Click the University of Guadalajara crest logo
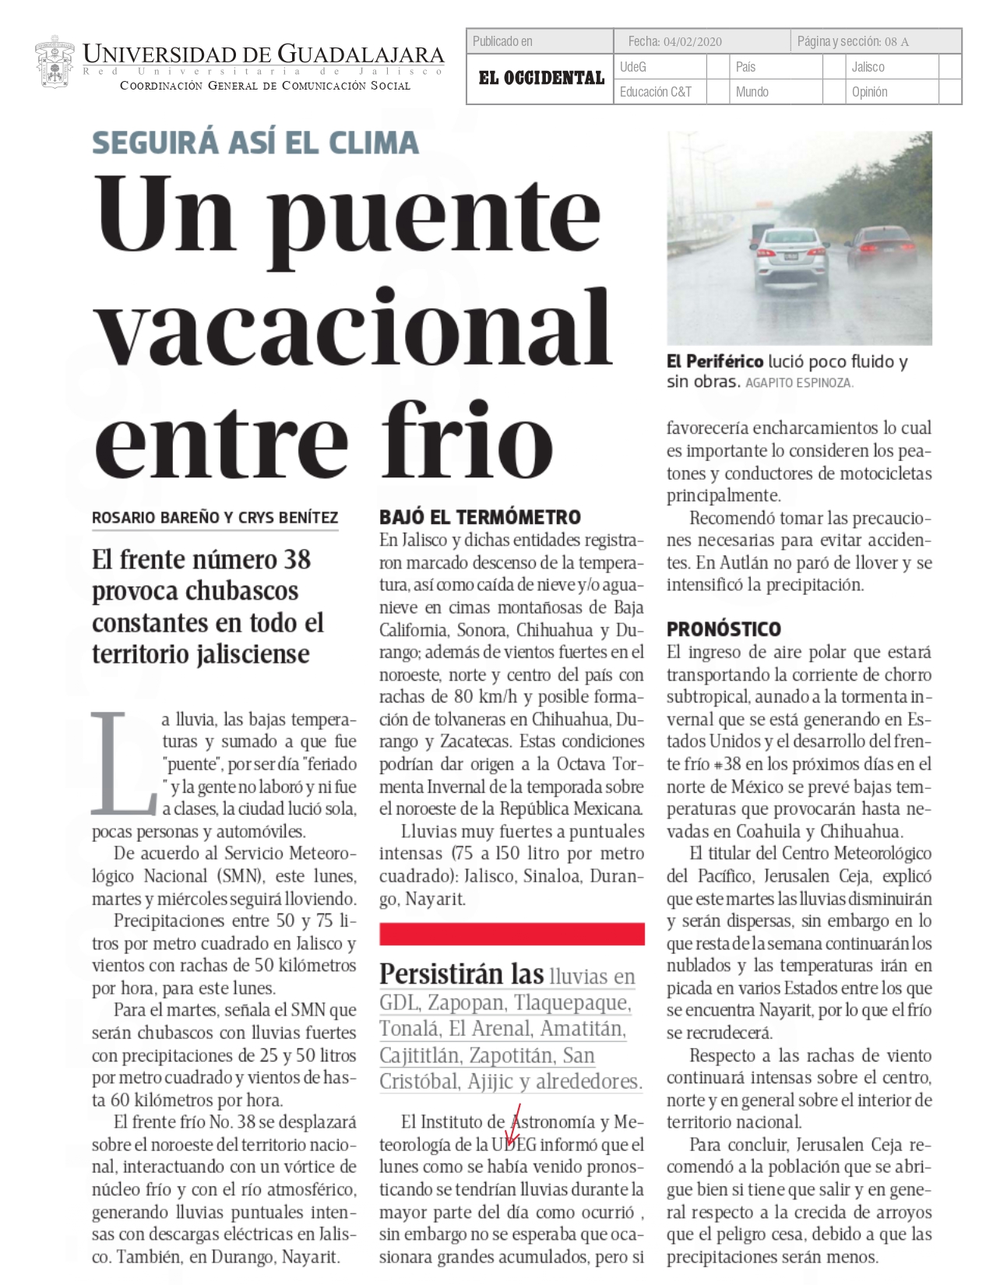pyautogui.click(x=55, y=62)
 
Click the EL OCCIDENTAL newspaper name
pyautogui.click(x=541, y=78)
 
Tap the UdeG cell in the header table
pyautogui.click(x=633, y=67)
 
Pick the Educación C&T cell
pyautogui.click(x=655, y=92)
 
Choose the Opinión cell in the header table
pyautogui.click(x=869, y=92)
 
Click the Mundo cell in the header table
pyautogui.click(x=752, y=92)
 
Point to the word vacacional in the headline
pyautogui.click(x=354, y=327)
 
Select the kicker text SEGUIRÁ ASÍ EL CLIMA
pyautogui.click(x=255, y=143)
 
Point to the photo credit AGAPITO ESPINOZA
pyautogui.click(x=799, y=383)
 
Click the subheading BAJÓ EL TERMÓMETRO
pyautogui.click(x=480, y=517)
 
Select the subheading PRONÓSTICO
pyautogui.click(x=723, y=629)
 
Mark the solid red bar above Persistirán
pyautogui.click(x=512, y=934)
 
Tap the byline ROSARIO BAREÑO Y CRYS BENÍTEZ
pyautogui.click(x=215, y=518)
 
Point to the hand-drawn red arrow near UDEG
pyautogui.click(x=513, y=1126)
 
